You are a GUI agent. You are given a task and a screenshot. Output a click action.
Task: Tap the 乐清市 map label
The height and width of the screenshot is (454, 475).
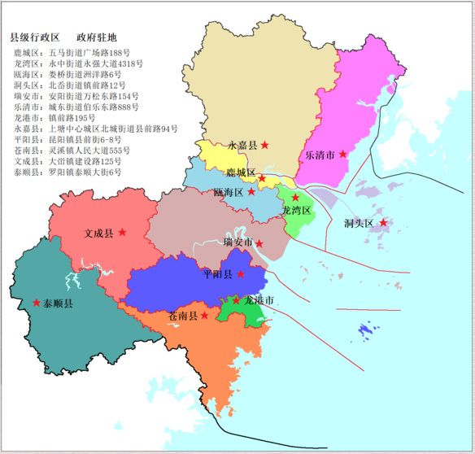click(x=320, y=154)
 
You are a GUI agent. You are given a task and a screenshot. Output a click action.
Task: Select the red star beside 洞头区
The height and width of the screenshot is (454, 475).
click(x=383, y=222)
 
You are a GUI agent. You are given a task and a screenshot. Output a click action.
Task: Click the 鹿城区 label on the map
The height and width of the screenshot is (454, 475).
click(x=241, y=173)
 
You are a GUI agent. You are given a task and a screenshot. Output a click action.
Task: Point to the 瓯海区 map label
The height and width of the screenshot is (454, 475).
click(x=229, y=193)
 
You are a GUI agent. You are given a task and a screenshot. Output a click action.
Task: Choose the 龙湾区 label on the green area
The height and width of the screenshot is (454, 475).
click(x=296, y=210)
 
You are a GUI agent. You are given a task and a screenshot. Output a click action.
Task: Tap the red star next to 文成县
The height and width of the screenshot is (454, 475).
click(x=122, y=232)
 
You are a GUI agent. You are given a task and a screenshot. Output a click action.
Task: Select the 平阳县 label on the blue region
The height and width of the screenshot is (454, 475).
click(x=218, y=275)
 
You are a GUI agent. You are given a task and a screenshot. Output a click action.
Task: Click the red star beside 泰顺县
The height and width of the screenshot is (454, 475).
click(x=36, y=303)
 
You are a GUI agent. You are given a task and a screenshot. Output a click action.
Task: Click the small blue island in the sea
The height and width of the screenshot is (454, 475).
click(x=368, y=330)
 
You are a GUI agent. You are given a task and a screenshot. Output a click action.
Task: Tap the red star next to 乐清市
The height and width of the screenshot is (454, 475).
click(x=343, y=154)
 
